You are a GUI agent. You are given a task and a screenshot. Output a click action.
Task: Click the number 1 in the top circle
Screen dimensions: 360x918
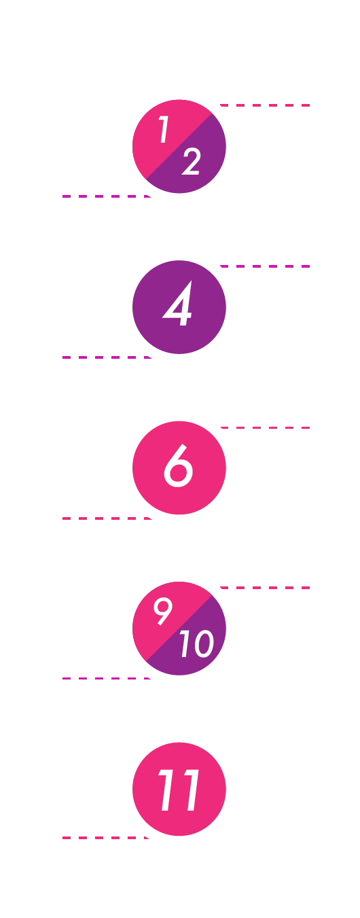coord(164,130)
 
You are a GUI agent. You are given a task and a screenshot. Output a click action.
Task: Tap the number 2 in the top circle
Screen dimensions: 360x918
coord(191,162)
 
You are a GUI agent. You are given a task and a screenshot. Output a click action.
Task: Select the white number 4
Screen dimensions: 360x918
coord(178,304)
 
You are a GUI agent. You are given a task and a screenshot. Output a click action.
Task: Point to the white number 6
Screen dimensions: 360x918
coord(178,465)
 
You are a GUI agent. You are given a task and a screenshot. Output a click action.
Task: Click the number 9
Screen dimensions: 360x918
coord(163,611)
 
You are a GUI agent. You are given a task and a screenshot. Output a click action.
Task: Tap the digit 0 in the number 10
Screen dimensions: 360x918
coord(203,643)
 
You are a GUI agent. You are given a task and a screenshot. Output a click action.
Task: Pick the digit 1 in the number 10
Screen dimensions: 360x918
coord(185,643)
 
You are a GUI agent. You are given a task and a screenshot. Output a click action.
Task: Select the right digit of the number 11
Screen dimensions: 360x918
coord(190,790)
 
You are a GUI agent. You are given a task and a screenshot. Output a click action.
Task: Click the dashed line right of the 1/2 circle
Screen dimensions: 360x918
coord(265,105)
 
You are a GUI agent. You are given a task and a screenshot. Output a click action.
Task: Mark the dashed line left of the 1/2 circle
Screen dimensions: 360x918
coord(107,196)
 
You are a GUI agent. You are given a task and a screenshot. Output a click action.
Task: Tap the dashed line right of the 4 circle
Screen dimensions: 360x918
coord(265,266)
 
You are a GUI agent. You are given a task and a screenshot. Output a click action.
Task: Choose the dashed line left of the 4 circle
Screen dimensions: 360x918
coord(107,357)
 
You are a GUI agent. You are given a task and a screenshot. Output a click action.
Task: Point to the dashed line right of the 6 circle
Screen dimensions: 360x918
coord(265,428)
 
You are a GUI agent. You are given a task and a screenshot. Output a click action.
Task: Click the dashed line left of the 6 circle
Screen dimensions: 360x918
coord(107,518)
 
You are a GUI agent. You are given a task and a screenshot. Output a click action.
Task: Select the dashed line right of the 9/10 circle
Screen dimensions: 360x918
coord(265,588)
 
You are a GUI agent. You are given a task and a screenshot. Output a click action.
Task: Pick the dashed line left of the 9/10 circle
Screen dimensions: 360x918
coord(107,678)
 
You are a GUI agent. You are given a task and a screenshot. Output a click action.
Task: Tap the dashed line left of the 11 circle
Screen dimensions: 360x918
coord(106,838)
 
